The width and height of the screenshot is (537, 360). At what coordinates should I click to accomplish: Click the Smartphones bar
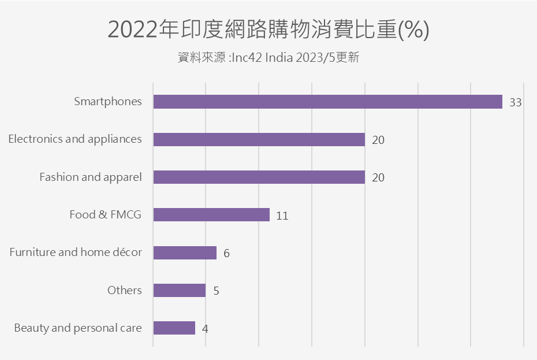click(x=327, y=102)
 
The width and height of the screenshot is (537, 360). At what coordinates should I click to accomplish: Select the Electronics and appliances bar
click(x=259, y=139)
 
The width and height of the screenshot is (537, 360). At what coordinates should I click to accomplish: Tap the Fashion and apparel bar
click(x=259, y=177)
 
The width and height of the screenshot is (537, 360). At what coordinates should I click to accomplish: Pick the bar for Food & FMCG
click(x=211, y=215)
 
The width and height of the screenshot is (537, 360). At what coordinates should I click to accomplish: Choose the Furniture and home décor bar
click(x=185, y=253)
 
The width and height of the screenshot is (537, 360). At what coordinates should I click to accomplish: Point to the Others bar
click(x=180, y=290)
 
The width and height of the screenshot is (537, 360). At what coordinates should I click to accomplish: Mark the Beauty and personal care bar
click(x=174, y=328)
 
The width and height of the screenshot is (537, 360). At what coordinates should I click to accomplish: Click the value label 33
click(x=516, y=103)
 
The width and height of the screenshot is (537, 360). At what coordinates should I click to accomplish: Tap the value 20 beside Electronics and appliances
click(x=378, y=140)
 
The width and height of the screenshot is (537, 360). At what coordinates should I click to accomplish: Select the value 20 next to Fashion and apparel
click(x=378, y=178)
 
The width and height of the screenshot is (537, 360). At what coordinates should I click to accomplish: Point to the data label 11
click(x=282, y=216)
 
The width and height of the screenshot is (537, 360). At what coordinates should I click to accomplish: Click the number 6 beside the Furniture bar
click(x=226, y=254)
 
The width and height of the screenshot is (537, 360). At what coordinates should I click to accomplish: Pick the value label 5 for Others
click(x=216, y=291)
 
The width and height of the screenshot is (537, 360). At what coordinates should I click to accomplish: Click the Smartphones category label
click(x=108, y=102)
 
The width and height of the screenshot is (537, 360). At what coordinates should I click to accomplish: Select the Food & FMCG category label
click(x=105, y=215)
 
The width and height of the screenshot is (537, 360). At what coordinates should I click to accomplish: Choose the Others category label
click(x=124, y=290)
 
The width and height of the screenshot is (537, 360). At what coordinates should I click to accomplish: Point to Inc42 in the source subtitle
click(x=246, y=58)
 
